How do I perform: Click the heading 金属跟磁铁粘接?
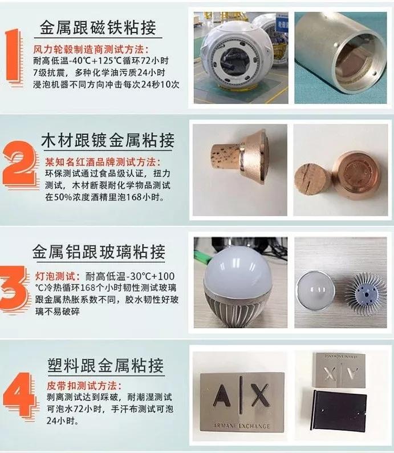pyautogui.click(x=98, y=27)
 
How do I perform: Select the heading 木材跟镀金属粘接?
pyautogui.click(x=107, y=139)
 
